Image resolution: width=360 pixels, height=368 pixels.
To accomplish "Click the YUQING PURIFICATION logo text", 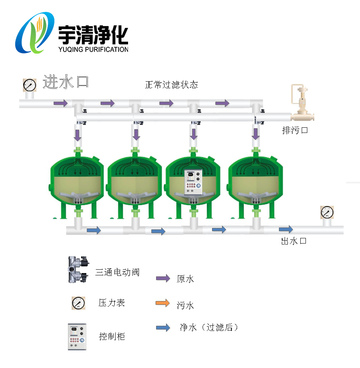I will [93, 49].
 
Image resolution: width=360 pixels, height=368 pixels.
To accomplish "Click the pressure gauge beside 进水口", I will [29, 85].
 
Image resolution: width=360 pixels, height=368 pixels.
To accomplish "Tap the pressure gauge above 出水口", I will [327, 212].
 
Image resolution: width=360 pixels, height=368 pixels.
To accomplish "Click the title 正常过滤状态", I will [171, 85].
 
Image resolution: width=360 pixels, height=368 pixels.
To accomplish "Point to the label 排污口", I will [295, 130].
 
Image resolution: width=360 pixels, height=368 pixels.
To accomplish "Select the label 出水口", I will [294, 241].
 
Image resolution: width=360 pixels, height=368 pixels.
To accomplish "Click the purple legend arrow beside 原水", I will [163, 279].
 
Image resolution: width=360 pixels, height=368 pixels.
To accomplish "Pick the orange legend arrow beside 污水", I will [163, 303].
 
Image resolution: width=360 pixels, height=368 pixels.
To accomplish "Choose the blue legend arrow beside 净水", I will [163, 327].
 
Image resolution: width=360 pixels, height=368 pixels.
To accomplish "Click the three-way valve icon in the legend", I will [78, 270].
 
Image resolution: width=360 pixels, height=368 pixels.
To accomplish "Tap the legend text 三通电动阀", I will [117, 272].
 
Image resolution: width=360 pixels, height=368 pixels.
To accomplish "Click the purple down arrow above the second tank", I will [136, 134].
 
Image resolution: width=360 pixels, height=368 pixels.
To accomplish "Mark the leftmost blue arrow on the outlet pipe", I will [94, 230].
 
